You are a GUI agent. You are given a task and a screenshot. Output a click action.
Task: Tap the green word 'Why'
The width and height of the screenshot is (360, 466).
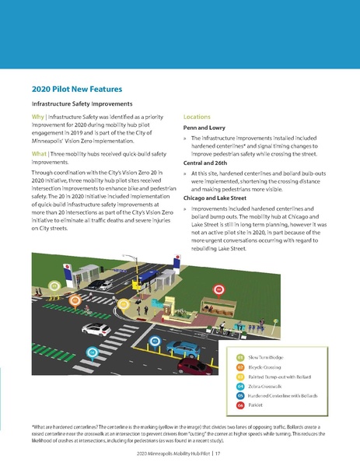tap(37, 117)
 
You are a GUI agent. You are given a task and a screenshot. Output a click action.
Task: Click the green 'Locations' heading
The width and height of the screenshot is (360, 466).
tap(198, 116)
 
